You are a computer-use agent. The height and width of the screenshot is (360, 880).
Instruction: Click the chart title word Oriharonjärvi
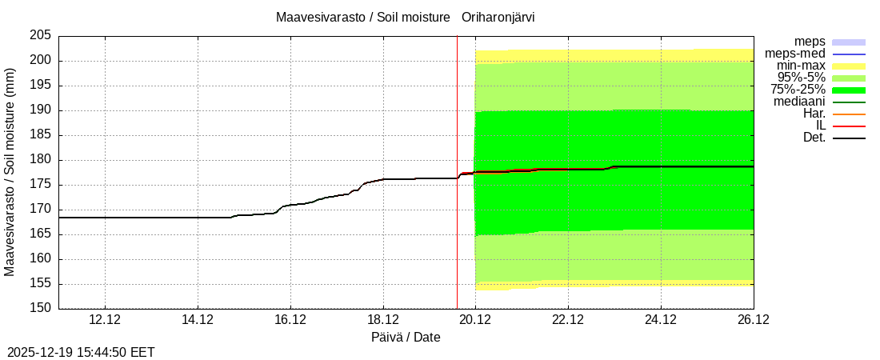point(498,17)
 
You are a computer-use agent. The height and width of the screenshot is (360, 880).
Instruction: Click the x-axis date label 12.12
point(105,320)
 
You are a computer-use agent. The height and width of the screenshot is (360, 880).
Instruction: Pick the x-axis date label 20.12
point(475,320)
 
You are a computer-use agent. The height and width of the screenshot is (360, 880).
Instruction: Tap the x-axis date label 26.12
point(753,320)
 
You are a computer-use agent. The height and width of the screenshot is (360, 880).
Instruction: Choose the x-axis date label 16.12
point(290,320)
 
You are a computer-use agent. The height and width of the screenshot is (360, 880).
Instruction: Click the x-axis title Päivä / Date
point(406,337)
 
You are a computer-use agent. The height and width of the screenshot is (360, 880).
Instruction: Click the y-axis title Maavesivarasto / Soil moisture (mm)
point(10,172)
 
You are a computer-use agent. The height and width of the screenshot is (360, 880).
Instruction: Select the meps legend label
point(810,42)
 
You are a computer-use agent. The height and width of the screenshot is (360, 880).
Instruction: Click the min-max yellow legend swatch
point(849,66)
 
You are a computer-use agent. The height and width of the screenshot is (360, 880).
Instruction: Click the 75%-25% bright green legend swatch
point(849,90)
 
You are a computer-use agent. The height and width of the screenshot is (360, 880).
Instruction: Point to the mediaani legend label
point(799,102)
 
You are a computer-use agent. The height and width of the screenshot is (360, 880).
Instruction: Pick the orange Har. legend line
point(849,114)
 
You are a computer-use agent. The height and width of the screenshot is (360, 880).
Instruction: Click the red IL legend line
point(849,126)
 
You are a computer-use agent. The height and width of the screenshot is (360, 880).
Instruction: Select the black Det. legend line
point(849,138)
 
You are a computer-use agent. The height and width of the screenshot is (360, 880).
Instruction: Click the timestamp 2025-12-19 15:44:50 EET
point(81,352)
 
